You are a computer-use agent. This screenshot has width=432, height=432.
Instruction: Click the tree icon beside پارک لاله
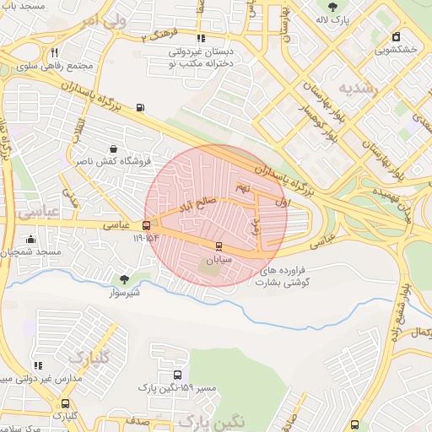pyautogui.click(x=342, y=7)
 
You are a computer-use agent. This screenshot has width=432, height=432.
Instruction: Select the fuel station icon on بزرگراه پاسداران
pyautogui.click(x=140, y=107)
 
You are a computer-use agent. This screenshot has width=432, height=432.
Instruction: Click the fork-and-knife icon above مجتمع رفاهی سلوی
pyautogui.click(x=55, y=52)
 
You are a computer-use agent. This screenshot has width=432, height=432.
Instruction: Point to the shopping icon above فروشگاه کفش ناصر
pyautogui.click(x=112, y=148)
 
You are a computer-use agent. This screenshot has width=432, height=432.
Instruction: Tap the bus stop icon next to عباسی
pyautogui.click(x=148, y=226)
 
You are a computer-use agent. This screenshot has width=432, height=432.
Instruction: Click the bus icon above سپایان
pyautogui.click(x=219, y=246)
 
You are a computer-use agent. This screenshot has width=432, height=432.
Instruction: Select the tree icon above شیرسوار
pyautogui.click(x=125, y=279)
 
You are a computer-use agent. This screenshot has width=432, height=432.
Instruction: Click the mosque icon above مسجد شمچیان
pyautogui.click(x=31, y=240)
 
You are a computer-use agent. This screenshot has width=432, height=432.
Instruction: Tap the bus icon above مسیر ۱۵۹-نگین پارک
pyautogui.click(x=177, y=375)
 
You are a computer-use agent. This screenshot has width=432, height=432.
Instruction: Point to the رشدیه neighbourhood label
pyautogui.click(x=356, y=88)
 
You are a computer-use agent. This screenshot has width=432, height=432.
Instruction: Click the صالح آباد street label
pyautogui.click(x=196, y=205)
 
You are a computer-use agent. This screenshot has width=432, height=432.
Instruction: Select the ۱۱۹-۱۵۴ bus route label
pyautogui.click(x=145, y=239)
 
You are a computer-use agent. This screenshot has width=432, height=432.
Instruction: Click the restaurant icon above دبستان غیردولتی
pyautogui.click(x=200, y=39)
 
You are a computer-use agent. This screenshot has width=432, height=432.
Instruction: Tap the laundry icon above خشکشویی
pyautogui.click(x=397, y=36)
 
